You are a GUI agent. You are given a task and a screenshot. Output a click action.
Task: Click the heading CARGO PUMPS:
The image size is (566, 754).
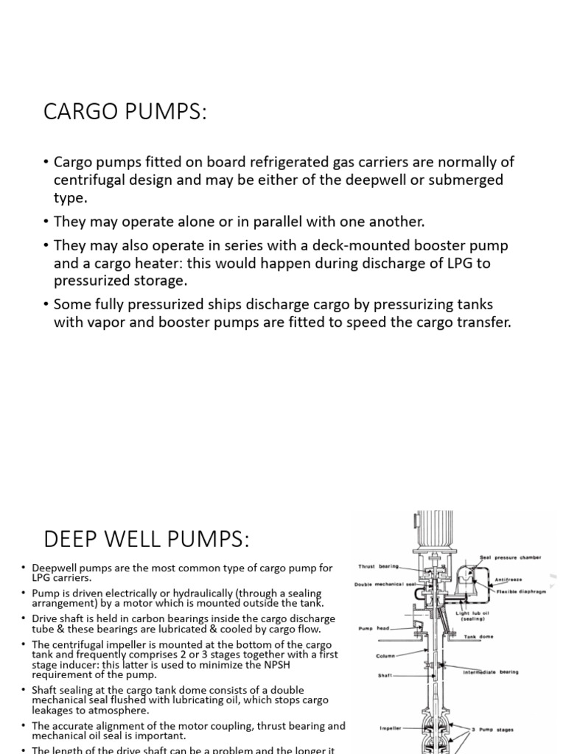point(125,113)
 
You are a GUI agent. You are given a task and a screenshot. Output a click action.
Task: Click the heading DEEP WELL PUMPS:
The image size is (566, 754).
point(147,540)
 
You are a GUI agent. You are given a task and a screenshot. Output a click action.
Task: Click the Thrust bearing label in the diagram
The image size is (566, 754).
point(377,566)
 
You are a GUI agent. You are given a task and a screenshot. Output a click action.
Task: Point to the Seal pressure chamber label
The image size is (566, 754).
point(511,557)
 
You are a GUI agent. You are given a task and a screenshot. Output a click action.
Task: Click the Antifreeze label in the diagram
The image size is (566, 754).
point(509,579)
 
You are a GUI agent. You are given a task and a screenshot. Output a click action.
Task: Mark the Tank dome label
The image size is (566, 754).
point(480,637)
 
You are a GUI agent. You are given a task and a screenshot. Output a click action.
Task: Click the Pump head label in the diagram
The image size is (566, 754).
point(373,628)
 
